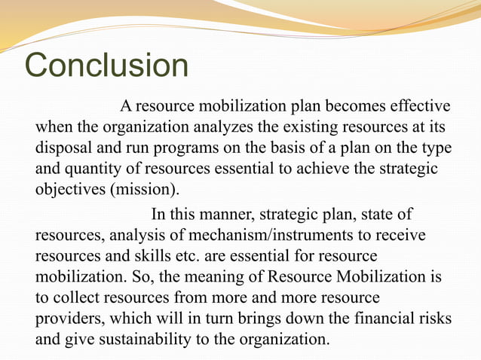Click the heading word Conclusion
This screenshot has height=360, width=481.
[x=107, y=66]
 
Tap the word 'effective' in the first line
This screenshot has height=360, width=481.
[x=417, y=104]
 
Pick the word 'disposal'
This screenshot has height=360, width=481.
[x=64, y=145]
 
